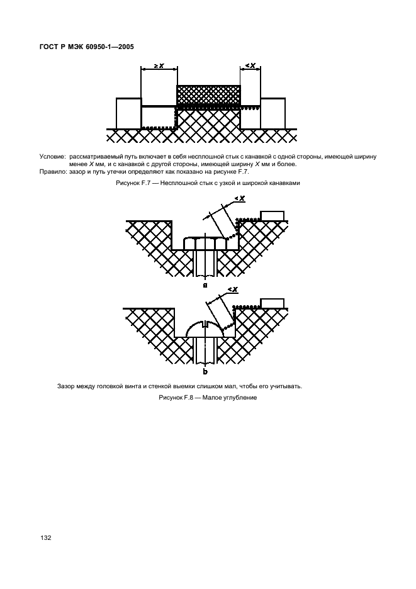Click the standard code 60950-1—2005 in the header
click(108, 46)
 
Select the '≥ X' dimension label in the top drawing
click(159, 65)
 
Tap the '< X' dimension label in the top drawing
click(250, 65)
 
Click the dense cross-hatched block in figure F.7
click(208, 95)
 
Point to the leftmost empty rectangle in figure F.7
click(128, 113)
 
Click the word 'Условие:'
click(52, 155)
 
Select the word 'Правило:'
click(53, 172)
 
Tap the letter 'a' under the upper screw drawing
click(205, 284)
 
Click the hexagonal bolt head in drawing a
click(205, 244)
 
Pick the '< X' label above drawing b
click(232, 289)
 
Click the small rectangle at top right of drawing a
click(273, 216)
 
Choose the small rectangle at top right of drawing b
click(273, 303)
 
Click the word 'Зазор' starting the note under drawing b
click(66, 386)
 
